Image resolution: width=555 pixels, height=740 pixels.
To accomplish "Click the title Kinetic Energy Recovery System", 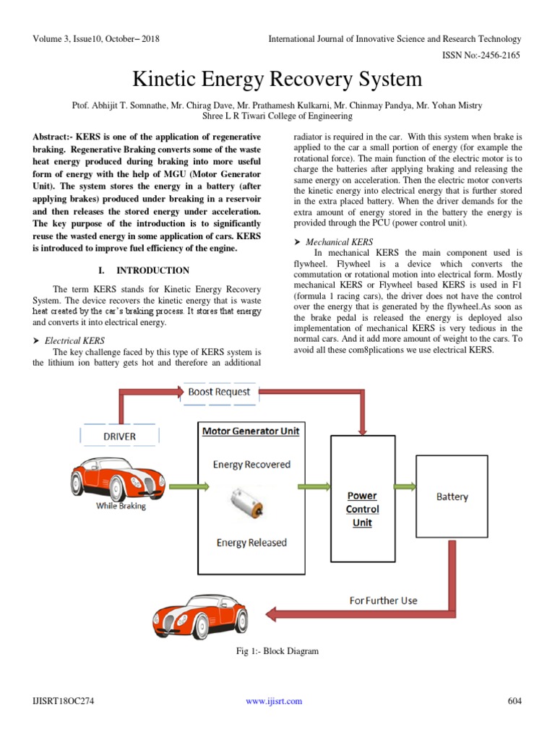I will [x=277, y=79].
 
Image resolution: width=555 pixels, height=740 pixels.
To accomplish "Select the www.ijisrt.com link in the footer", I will [x=274, y=700].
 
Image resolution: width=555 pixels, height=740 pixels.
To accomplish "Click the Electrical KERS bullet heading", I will [x=74, y=340].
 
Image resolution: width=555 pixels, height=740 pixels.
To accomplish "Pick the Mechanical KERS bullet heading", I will [x=339, y=242].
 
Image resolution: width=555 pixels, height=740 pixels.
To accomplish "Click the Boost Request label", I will [x=219, y=392].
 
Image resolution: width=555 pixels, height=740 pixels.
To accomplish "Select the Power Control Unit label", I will [x=362, y=509].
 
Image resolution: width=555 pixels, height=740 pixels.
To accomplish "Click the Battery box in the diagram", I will [x=452, y=497].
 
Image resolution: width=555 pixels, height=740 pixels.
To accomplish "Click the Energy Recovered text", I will [x=251, y=464].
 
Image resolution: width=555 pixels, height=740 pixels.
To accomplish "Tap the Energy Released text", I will [x=251, y=543].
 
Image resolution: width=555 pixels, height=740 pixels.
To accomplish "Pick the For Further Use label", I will [x=383, y=600].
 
